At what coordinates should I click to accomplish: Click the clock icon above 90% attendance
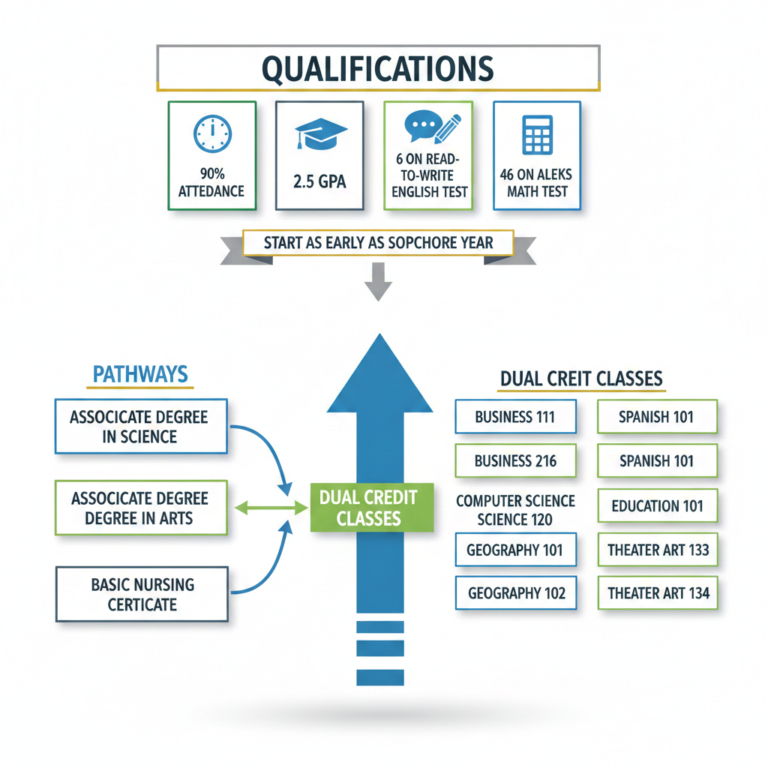tap(212, 135)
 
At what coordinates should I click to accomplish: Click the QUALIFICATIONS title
tap(378, 68)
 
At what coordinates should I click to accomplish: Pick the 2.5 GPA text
tap(320, 182)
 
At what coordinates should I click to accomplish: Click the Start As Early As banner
tap(378, 243)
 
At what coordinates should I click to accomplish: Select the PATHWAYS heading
tap(140, 373)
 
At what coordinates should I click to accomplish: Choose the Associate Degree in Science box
tap(140, 426)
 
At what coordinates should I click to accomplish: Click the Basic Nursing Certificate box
tap(142, 594)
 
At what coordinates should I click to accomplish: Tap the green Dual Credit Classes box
tap(372, 507)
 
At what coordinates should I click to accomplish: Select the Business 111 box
tap(515, 417)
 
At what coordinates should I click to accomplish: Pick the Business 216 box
tap(515, 460)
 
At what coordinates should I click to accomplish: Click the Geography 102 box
tap(516, 593)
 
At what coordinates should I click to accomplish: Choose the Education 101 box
tap(657, 505)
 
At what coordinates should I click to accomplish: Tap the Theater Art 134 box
tap(658, 593)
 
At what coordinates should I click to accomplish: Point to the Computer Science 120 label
tap(515, 510)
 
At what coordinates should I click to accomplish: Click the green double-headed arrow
tap(271, 508)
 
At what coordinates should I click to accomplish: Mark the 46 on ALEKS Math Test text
tap(536, 183)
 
